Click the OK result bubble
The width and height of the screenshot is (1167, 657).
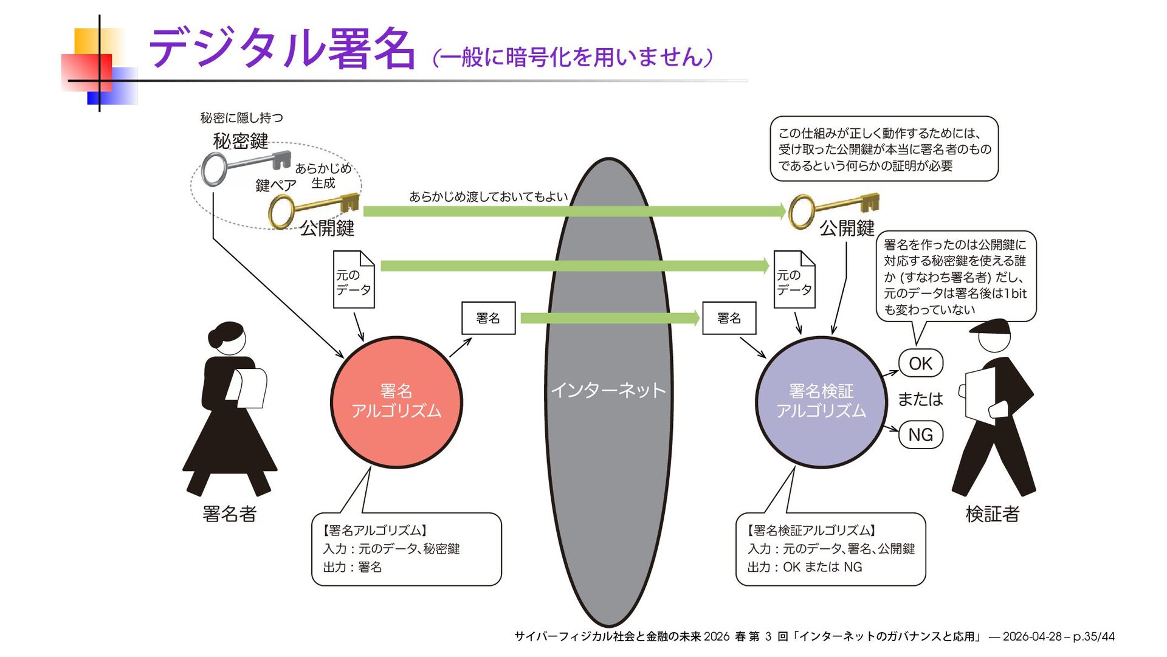pos(920,363)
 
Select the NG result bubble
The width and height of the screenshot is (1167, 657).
pos(920,435)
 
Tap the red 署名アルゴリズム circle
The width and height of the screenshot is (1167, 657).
pos(396,402)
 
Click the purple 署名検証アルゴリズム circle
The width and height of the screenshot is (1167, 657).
pos(821,402)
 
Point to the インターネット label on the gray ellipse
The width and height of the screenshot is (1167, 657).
pos(608,390)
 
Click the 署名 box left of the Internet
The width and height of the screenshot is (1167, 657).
pos(488,318)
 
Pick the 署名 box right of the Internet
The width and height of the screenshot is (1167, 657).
pos(729,318)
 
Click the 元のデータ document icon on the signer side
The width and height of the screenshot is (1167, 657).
pos(354,280)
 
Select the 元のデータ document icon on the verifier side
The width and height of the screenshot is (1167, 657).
pos(794,280)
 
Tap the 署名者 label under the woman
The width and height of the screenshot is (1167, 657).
pos(229,514)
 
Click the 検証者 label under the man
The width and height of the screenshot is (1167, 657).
pos(992,514)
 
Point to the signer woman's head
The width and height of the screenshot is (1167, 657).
pos(229,339)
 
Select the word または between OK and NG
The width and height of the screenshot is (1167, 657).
pos(920,399)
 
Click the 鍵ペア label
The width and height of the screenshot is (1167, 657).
pos(275,185)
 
